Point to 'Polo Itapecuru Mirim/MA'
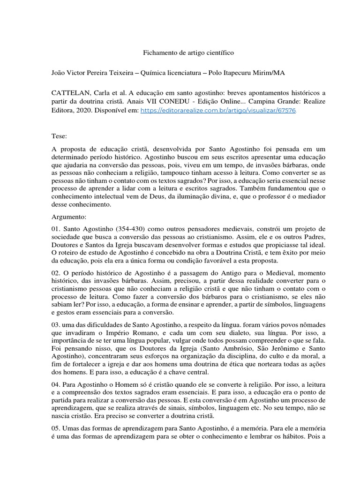pyautogui.click(x=247, y=74)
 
